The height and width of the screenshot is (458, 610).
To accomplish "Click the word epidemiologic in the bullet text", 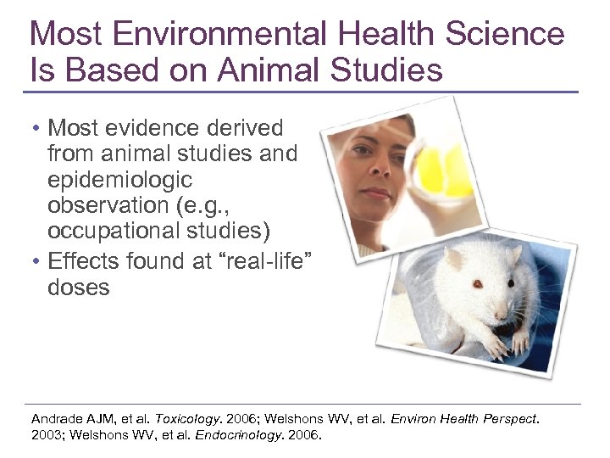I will pos(119,180).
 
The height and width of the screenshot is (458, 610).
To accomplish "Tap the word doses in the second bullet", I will pos(79,287).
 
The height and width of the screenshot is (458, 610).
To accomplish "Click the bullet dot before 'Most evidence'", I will pos(37,129).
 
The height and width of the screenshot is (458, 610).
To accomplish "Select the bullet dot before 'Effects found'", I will pos(37,261).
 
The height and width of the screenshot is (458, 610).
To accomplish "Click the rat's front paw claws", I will pos(495,346).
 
